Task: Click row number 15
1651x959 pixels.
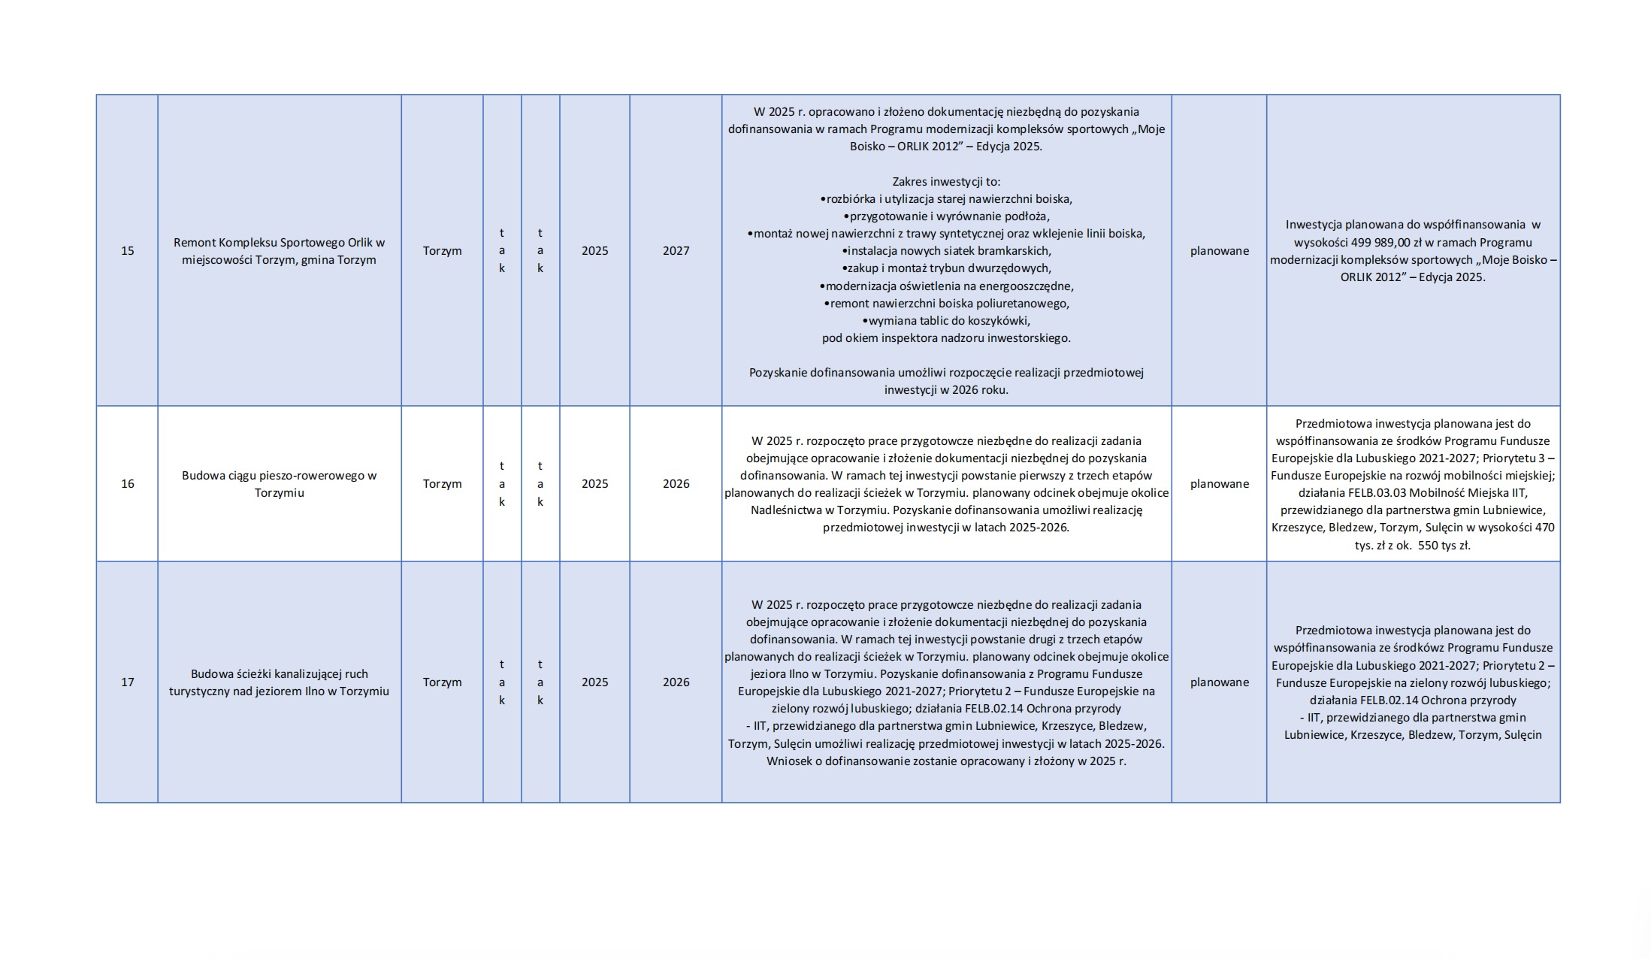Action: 127,251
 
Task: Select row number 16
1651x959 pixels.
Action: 127,484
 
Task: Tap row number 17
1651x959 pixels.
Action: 127,682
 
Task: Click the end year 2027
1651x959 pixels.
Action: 676,251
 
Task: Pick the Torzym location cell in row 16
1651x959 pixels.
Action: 442,484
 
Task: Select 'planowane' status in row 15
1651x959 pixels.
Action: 1219,251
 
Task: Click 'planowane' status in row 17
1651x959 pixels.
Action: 1219,682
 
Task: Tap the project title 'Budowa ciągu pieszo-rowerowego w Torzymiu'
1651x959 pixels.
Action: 279,484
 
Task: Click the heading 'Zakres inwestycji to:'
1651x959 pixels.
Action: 946,182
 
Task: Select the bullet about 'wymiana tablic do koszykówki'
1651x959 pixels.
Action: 946,321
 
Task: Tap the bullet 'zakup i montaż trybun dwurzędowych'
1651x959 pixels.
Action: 946,268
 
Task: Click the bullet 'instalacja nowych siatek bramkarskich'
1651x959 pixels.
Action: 946,251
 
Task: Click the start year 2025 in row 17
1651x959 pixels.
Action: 594,682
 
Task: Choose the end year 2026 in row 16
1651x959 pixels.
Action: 676,484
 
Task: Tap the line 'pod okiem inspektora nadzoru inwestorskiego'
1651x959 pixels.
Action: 946,338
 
